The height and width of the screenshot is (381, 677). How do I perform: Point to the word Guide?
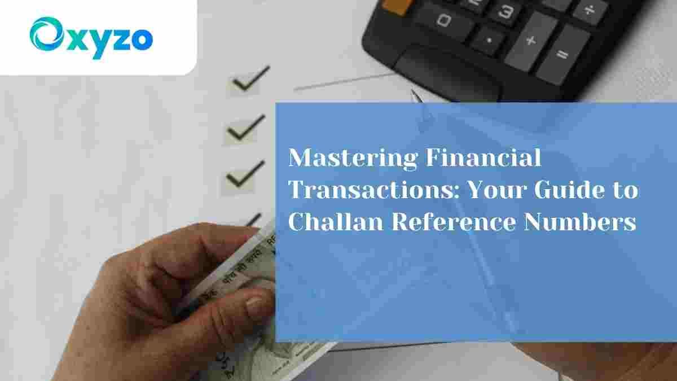pyautogui.click(x=572, y=191)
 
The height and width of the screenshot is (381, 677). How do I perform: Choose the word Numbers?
pyautogui.click(x=581, y=222)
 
